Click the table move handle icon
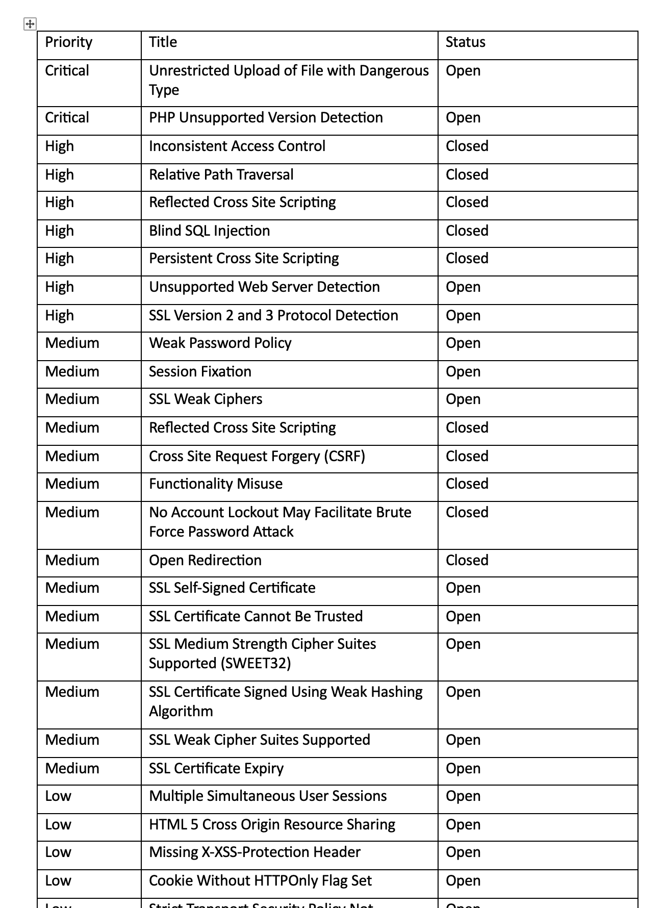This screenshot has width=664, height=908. click(x=30, y=23)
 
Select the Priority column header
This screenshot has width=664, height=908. click(x=69, y=42)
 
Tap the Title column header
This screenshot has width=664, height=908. click(x=163, y=42)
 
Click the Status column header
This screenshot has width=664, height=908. click(x=465, y=42)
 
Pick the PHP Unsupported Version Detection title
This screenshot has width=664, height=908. click(x=266, y=118)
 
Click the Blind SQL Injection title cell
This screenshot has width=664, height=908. click(x=209, y=231)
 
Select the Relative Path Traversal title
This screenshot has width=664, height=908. click(x=221, y=175)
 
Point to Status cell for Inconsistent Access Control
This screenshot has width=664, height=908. click(x=467, y=146)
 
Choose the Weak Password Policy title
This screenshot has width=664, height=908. click(x=220, y=343)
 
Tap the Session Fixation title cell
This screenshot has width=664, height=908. click(x=200, y=372)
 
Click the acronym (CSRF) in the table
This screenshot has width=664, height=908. click(x=345, y=457)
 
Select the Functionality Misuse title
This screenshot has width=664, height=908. click(x=215, y=484)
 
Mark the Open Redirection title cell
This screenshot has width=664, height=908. click(x=205, y=561)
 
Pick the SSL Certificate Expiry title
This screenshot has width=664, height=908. click(x=216, y=769)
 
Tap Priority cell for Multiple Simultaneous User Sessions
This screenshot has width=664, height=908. click(x=58, y=796)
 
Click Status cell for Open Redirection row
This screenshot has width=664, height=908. click(x=467, y=561)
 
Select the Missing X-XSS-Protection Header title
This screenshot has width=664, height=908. click(x=254, y=852)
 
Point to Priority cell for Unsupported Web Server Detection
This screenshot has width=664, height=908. click(x=59, y=287)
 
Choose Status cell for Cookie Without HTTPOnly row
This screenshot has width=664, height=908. click(x=463, y=881)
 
